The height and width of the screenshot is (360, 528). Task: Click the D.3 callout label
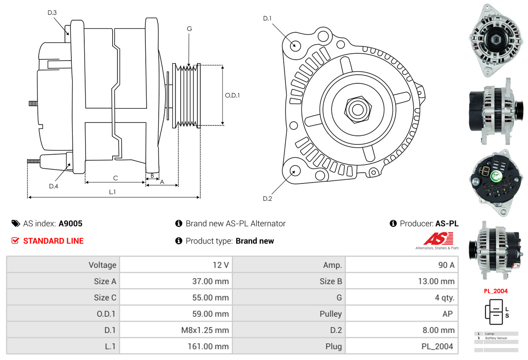pos(52,13)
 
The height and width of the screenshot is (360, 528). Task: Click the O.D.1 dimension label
pos(232,95)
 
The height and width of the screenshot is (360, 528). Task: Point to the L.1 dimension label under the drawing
pos(112,192)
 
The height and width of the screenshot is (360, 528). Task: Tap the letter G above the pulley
pos(189,29)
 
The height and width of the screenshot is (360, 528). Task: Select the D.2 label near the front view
pos(267,198)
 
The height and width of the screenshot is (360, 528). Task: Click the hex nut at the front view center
pos(356,109)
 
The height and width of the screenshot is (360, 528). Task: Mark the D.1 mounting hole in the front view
pos(295,45)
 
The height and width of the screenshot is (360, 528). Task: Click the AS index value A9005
pos(71,223)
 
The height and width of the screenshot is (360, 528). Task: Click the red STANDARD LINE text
pos(53,241)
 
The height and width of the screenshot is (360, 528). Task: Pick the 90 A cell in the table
pos(446,265)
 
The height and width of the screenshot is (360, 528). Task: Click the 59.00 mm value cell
pos(211,314)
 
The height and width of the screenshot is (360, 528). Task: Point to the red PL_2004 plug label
pos(496,291)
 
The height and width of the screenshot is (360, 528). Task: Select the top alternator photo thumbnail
pos(495,40)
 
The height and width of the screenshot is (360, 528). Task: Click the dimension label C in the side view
pos(115,178)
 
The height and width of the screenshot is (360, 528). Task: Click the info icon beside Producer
pos(393,223)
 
